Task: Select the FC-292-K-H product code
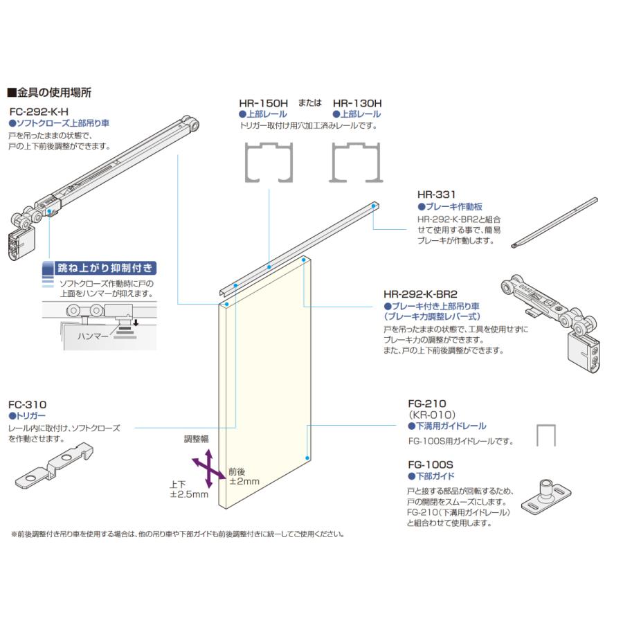pyautogui.click(x=39, y=111)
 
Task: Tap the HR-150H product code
pyautogui.click(x=264, y=102)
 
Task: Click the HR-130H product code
pyautogui.click(x=357, y=102)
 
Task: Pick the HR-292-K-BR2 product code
pyautogui.click(x=424, y=294)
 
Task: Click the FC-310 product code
pyautogui.click(x=27, y=404)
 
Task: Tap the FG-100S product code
pyautogui.click(x=430, y=465)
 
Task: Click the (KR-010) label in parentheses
pyautogui.click(x=430, y=415)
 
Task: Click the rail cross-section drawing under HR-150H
pyautogui.click(x=271, y=162)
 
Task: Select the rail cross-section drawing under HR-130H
pyautogui.click(x=357, y=162)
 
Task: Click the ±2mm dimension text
pyautogui.click(x=244, y=481)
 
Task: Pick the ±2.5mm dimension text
pyautogui.click(x=189, y=495)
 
